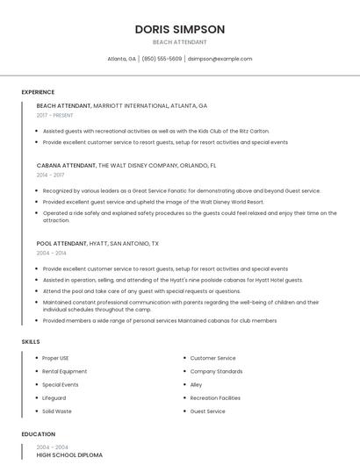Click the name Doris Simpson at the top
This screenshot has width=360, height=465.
(179, 29)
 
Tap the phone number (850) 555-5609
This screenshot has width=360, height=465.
(162, 59)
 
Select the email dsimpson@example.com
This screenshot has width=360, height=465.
(220, 59)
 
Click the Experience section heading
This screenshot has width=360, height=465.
(38, 92)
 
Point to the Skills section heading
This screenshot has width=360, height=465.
(30, 341)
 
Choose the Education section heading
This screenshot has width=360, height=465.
(38, 434)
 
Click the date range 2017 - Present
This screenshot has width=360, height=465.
(55, 115)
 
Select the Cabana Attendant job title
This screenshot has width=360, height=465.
(67, 165)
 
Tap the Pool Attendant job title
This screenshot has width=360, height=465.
(62, 243)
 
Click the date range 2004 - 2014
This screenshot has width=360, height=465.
(52, 253)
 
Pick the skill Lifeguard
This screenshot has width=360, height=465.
(54, 397)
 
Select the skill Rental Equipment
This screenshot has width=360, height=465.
(65, 371)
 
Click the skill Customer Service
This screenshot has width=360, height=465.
(212, 358)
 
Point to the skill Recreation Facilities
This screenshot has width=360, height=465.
(215, 397)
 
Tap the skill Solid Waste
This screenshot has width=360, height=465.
(57, 411)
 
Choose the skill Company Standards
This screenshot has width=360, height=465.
(216, 371)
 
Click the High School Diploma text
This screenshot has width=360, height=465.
(69, 455)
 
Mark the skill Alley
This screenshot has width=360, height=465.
(196, 384)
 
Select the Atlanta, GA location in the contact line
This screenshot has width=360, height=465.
(121, 59)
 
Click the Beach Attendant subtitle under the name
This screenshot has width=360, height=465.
(179, 42)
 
